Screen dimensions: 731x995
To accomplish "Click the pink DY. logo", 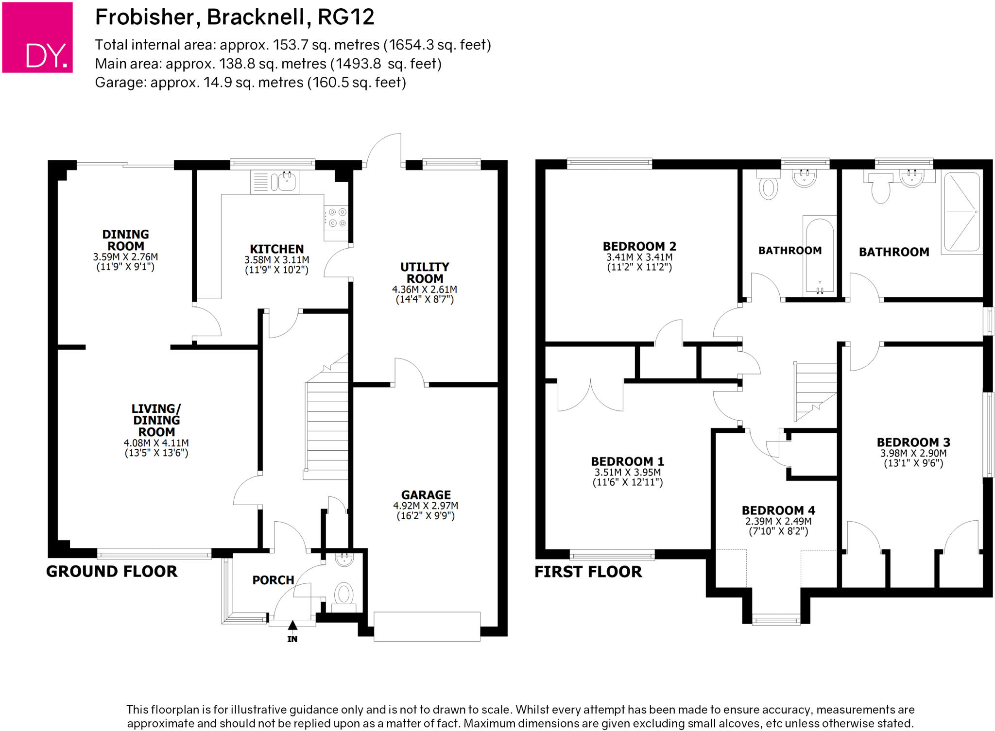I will point(37,37).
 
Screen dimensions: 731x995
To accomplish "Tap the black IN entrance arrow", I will point(292,626).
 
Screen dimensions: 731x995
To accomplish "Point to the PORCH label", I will point(273,580).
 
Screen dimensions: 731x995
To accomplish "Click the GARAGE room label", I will point(426,495).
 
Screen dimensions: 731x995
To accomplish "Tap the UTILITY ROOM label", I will point(425,272).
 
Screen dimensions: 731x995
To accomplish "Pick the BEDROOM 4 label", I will point(778,510).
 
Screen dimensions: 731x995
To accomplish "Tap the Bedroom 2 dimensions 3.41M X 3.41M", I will point(639,257).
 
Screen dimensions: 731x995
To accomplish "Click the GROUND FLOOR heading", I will point(112,571).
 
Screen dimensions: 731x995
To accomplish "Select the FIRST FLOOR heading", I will point(588,572).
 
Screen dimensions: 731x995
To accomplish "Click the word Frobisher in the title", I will point(145,17).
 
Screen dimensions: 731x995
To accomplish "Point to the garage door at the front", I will point(427,627).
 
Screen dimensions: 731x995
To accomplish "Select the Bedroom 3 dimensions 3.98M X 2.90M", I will point(913,453).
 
